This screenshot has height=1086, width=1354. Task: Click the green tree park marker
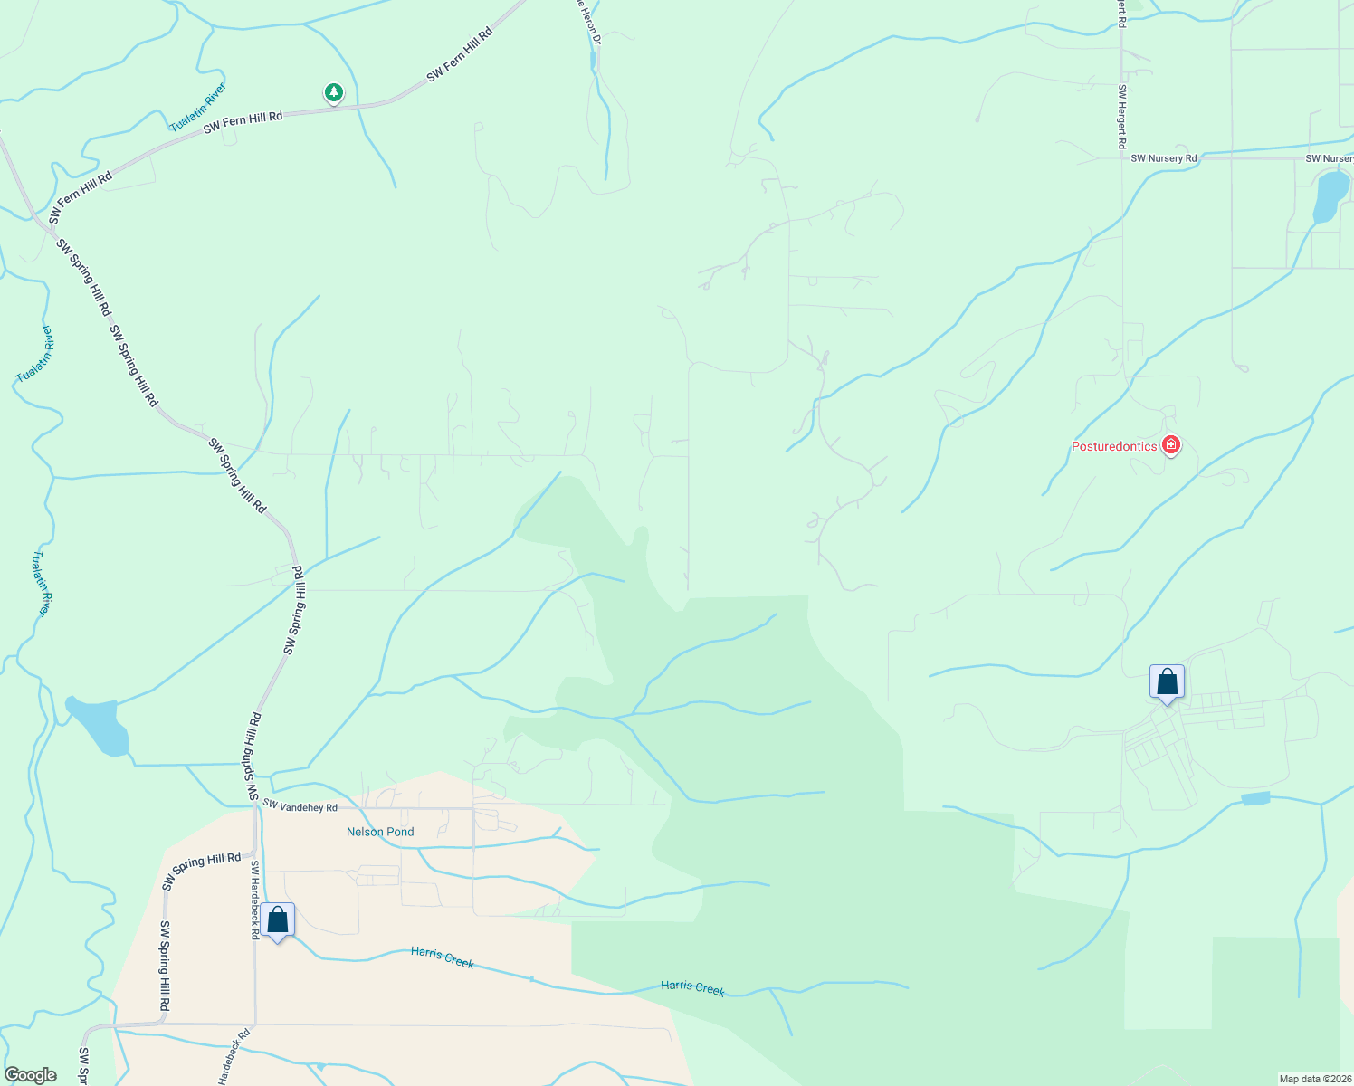point(334,92)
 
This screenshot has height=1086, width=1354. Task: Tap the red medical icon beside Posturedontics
point(1171,445)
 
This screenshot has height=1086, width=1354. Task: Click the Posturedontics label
point(1114,446)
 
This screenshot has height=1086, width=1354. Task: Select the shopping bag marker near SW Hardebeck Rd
point(278,920)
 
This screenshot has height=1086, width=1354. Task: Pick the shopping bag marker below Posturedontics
point(1167,682)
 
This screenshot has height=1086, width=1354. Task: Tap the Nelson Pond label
point(380,832)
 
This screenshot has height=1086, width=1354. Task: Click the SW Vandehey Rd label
point(300,805)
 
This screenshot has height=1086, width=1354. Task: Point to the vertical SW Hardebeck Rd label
point(255,900)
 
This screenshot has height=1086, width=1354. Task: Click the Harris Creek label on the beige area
point(443,957)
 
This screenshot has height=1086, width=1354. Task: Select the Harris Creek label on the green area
point(692,987)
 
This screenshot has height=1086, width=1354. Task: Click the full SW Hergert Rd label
point(1121,117)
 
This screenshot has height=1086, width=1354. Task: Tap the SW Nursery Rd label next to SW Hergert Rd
point(1163,158)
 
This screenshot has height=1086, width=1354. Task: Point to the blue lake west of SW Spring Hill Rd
point(99,725)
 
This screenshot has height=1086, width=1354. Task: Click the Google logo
point(30,1075)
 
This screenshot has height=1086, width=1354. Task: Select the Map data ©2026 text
point(1314,1079)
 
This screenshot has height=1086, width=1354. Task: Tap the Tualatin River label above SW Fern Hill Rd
point(197,108)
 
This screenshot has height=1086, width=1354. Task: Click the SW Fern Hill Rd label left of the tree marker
point(243,122)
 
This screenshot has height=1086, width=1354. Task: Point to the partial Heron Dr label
point(588,23)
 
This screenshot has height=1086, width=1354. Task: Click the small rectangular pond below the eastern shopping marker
point(1255,798)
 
